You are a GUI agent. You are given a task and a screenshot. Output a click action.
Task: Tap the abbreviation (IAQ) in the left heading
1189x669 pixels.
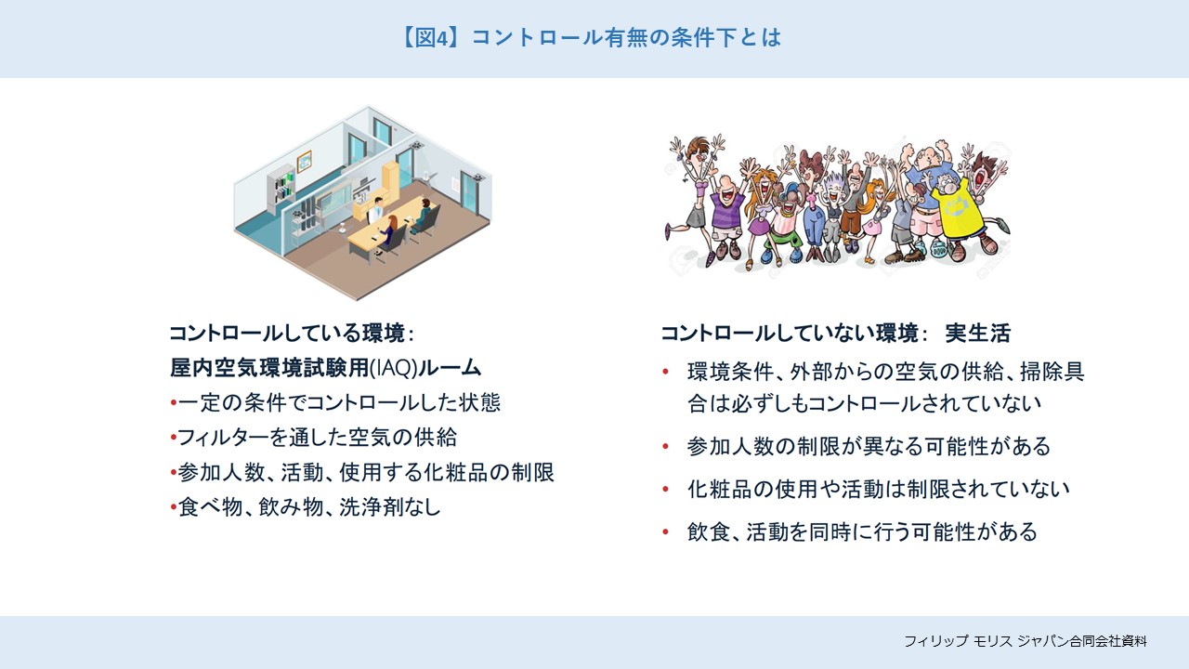click(x=393, y=368)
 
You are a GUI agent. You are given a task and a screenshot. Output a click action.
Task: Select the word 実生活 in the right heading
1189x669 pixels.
click(x=978, y=334)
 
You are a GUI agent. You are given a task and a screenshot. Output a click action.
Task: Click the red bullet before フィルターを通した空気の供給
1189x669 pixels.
click(x=173, y=438)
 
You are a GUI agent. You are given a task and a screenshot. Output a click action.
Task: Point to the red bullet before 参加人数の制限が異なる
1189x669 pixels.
click(x=665, y=447)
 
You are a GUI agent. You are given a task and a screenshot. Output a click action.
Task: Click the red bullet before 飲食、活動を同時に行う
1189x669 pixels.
click(x=665, y=532)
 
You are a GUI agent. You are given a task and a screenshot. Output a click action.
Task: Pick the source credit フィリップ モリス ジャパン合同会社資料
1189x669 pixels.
click(x=1025, y=641)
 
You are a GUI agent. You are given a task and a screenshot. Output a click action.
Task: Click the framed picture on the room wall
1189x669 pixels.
click(x=304, y=162)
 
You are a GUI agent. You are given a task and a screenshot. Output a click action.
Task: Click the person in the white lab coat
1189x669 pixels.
click(x=376, y=212)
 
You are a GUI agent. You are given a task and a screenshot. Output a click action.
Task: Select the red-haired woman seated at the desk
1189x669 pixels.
click(x=388, y=233)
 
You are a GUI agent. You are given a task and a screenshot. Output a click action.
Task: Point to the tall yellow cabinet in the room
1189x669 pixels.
click(x=391, y=184)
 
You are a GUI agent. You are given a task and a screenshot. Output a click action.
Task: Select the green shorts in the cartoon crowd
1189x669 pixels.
click(x=780, y=239)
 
